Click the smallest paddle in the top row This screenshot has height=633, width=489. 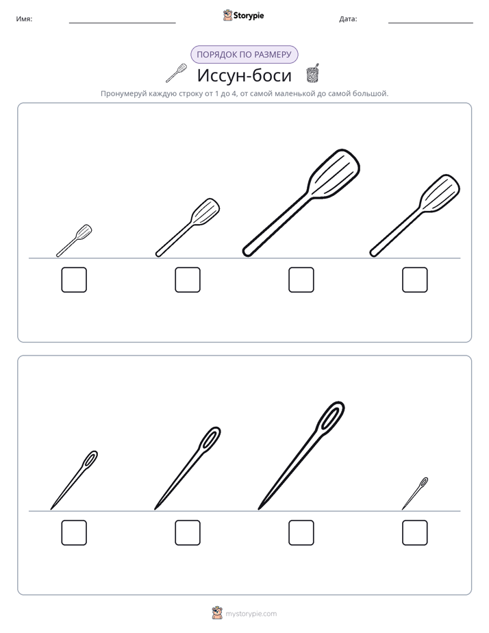click(x=74, y=240)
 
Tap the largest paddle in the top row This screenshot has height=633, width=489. click(x=301, y=203)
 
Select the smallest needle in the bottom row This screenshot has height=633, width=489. click(x=415, y=493)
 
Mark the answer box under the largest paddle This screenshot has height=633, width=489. click(x=301, y=280)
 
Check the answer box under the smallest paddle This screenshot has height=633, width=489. click(x=74, y=280)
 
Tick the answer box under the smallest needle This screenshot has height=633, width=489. click(x=415, y=532)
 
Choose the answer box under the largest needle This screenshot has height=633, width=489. click(x=301, y=532)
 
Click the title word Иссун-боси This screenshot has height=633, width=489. click(x=244, y=75)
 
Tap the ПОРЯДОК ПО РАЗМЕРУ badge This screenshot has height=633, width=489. click(x=244, y=55)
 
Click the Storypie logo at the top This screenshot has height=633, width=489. click(x=243, y=15)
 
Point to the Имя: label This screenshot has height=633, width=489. click(x=24, y=19)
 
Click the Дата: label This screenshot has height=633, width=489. click(x=348, y=19)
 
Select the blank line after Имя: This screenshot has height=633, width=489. click(x=122, y=23)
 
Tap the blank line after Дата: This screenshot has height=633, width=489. click(x=431, y=23)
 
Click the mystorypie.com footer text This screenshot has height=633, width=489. click(x=251, y=614)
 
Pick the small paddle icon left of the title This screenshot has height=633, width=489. click(x=176, y=73)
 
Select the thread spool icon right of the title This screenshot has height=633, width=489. click(x=313, y=73)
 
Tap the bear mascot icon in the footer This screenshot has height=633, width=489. click(x=217, y=613)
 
